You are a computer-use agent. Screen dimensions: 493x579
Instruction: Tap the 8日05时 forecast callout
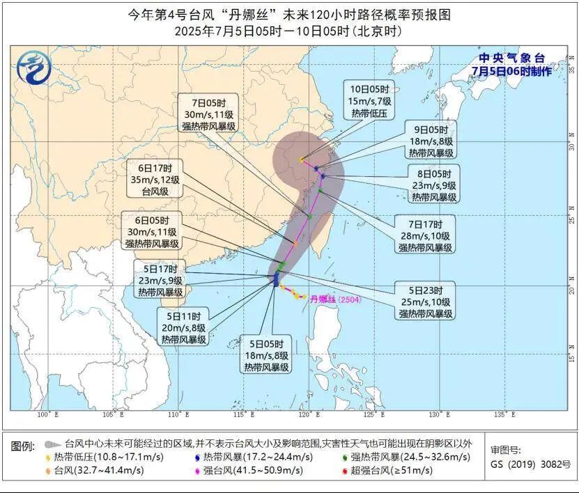(433, 186)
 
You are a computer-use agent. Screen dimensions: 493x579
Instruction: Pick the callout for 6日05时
(153, 232)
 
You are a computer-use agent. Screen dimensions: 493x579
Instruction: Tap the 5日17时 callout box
(160, 281)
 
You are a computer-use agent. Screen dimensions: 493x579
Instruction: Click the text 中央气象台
(511, 58)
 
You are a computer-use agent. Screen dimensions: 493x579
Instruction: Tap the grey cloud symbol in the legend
(51, 444)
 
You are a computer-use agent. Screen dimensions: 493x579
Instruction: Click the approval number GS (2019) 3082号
(530, 464)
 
